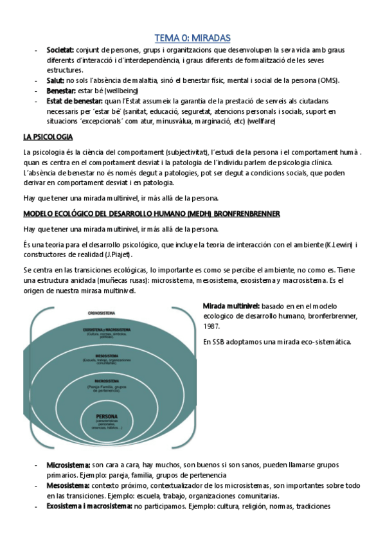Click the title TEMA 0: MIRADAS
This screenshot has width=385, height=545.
pyautogui.click(x=192, y=38)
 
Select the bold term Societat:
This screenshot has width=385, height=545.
pyautogui.click(x=60, y=49)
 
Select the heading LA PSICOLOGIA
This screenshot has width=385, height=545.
pyautogui.click(x=48, y=137)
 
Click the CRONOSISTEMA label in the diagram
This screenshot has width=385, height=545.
pyautogui.click(x=102, y=313)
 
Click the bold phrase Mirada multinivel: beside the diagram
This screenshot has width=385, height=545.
pyautogui.click(x=231, y=306)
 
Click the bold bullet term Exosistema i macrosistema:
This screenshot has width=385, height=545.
pyautogui.click(x=89, y=506)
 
